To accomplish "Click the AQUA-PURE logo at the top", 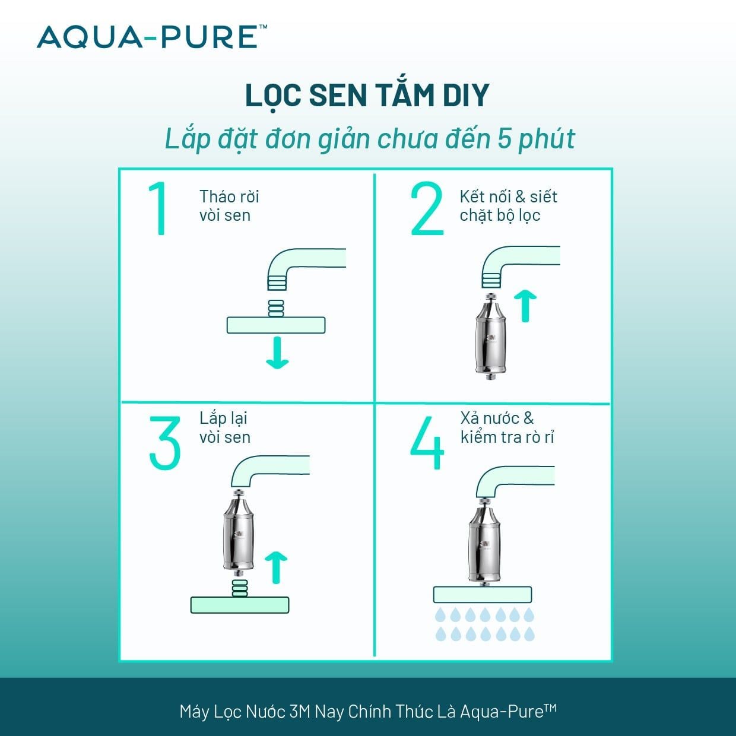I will point(151,37).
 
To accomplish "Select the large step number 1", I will point(159,209).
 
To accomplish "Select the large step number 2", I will point(427,209).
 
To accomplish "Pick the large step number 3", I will point(164,443).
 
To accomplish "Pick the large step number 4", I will point(427,443).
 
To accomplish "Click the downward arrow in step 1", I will point(277,353).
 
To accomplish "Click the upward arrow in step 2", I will point(525,305).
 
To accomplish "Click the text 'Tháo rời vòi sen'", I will point(229,206).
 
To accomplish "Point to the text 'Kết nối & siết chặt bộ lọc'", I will point(508,206).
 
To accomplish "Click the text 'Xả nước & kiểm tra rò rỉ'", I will point(507,427).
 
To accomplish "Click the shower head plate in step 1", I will point(276,325).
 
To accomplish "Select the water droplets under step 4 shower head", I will point(485,624).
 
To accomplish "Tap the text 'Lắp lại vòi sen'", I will point(224,427).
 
